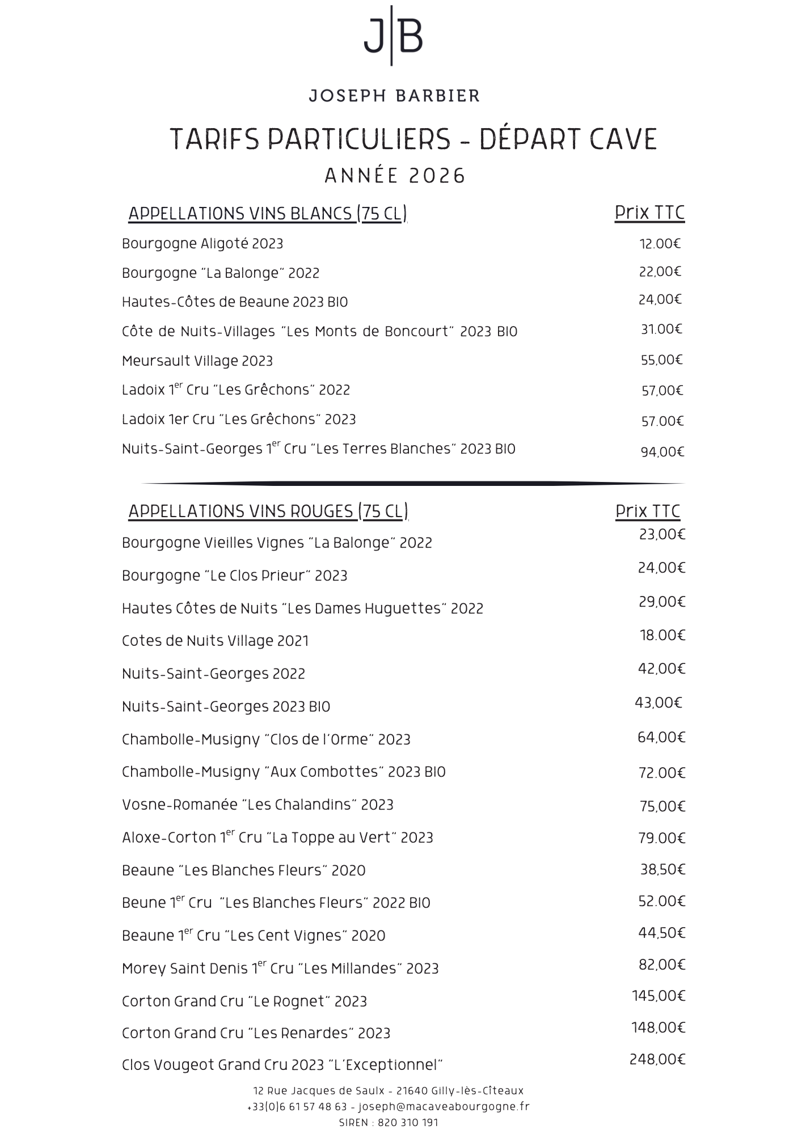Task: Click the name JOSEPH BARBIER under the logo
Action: [394, 95]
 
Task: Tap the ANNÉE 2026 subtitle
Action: [395, 176]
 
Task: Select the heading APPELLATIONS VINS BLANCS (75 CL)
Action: [268, 214]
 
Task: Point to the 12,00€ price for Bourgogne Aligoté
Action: [660, 244]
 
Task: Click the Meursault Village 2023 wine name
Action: [197, 361]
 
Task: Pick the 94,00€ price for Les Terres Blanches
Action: [662, 452]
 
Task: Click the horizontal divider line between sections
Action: [413, 484]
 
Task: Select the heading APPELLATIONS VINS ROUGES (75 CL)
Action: [268, 511]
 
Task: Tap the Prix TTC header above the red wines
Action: [648, 511]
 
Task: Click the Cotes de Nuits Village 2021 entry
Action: [216, 641]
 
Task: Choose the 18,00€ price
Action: [662, 636]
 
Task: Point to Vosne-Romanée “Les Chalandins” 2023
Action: [258, 805]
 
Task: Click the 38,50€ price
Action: [662, 869]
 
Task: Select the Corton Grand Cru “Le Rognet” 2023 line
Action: [244, 1002]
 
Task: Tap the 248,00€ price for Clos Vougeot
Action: [657, 1059]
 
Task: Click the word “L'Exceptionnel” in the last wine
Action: [386, 1065]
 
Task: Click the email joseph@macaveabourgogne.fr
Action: [444, 1106]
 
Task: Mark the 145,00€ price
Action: [659, 996]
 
